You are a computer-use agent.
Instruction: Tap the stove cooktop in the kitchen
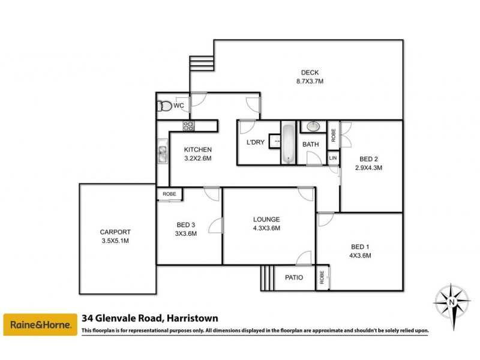coord(188,125)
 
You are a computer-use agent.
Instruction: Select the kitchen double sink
coord(163,154)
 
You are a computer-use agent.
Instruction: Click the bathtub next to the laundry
coord(289,143)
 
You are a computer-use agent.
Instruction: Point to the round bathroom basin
coord(313,127)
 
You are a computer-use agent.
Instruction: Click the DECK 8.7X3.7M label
coord(310,76)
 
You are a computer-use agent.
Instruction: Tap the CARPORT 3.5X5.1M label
coord(115,236)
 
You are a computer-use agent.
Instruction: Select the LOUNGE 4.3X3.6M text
coord(266,223)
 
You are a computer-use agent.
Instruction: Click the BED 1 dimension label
coord(361,251)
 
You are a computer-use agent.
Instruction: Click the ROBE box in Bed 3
coord(169,194)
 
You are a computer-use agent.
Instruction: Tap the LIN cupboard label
coord(333,158)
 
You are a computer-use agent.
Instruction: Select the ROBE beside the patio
coord(323,278)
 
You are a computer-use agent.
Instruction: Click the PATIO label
coord(293,278)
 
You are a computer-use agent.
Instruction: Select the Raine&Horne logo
coord(40,326)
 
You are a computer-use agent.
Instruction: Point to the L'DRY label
coord(256,144)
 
